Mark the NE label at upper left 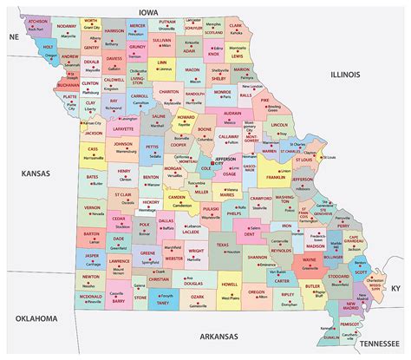pyautogui.click(x=13, y=38)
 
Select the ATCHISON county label pyautogui.click(x=37, y=19)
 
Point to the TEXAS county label pyautogui.click(x=223, y=245)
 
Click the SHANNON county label pyautogui.click(x=255, y=257)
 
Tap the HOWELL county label pyautogui.click(x=230, y=284)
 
